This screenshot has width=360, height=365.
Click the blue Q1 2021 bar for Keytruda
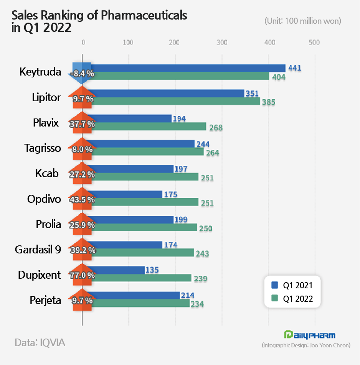pos(188,68)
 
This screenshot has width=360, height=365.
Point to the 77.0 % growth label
pos(81,275)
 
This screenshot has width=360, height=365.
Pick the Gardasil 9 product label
pos(38,250)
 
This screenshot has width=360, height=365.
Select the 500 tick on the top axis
pos(314,43)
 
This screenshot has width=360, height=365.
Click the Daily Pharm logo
pos(309,335)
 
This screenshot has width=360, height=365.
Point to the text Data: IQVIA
pos(40,342)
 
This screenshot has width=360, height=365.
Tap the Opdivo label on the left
pos(44,199)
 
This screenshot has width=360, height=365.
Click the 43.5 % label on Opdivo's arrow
pos(81,199)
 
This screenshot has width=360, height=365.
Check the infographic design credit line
pos(306,345)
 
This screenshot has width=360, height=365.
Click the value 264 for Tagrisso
pos(212,153)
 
